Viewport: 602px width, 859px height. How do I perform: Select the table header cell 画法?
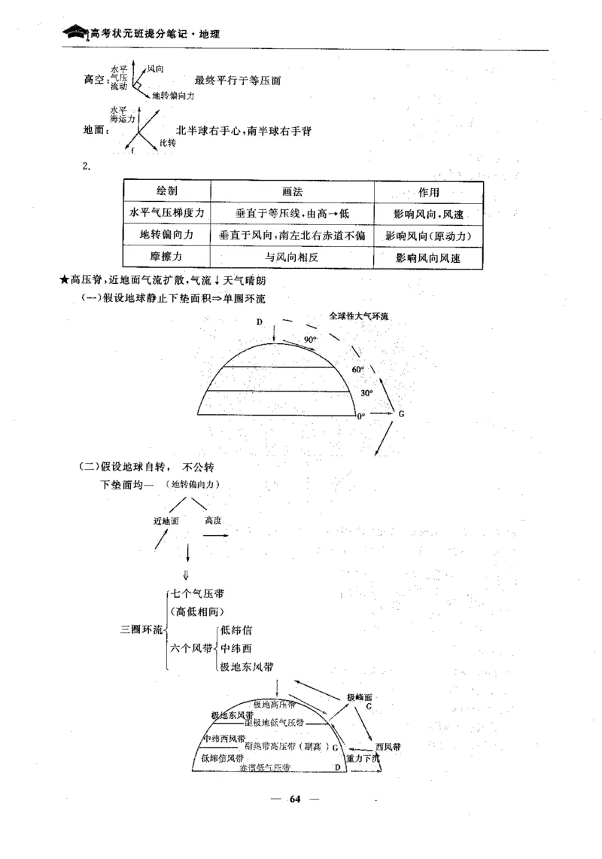tap(293, 191)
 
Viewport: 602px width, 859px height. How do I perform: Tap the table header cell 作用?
tap(428, 193)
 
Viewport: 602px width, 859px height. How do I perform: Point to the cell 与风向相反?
tap(293, 257)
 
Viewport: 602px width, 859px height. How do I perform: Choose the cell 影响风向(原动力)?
tap(428, 236)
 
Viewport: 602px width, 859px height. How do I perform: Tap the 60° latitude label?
tap(358, 370)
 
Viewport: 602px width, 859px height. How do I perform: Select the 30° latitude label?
tap(366, 393)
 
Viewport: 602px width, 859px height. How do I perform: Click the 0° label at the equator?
tap(360, 416)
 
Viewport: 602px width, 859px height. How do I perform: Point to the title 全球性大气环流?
tap(358, 316)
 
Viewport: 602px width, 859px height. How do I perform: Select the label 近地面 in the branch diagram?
tap(166, 520)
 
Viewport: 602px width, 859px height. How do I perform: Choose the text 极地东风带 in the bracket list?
tap(246, 666)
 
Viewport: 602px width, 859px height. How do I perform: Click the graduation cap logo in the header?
tap(75, 33)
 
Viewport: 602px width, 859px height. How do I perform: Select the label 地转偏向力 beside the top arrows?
tap(173, 96)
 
